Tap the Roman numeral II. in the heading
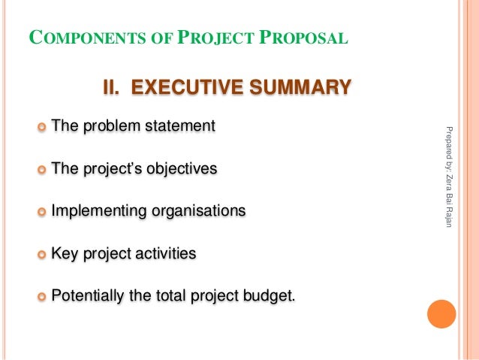(x=113, y=89)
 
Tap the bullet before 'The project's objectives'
(x=41, y=169)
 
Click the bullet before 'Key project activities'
(x=41, y=254)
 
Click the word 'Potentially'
(x=87, y=296)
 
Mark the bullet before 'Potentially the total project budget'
(x=41, y=296)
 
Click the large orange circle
(x=441, y=314)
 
